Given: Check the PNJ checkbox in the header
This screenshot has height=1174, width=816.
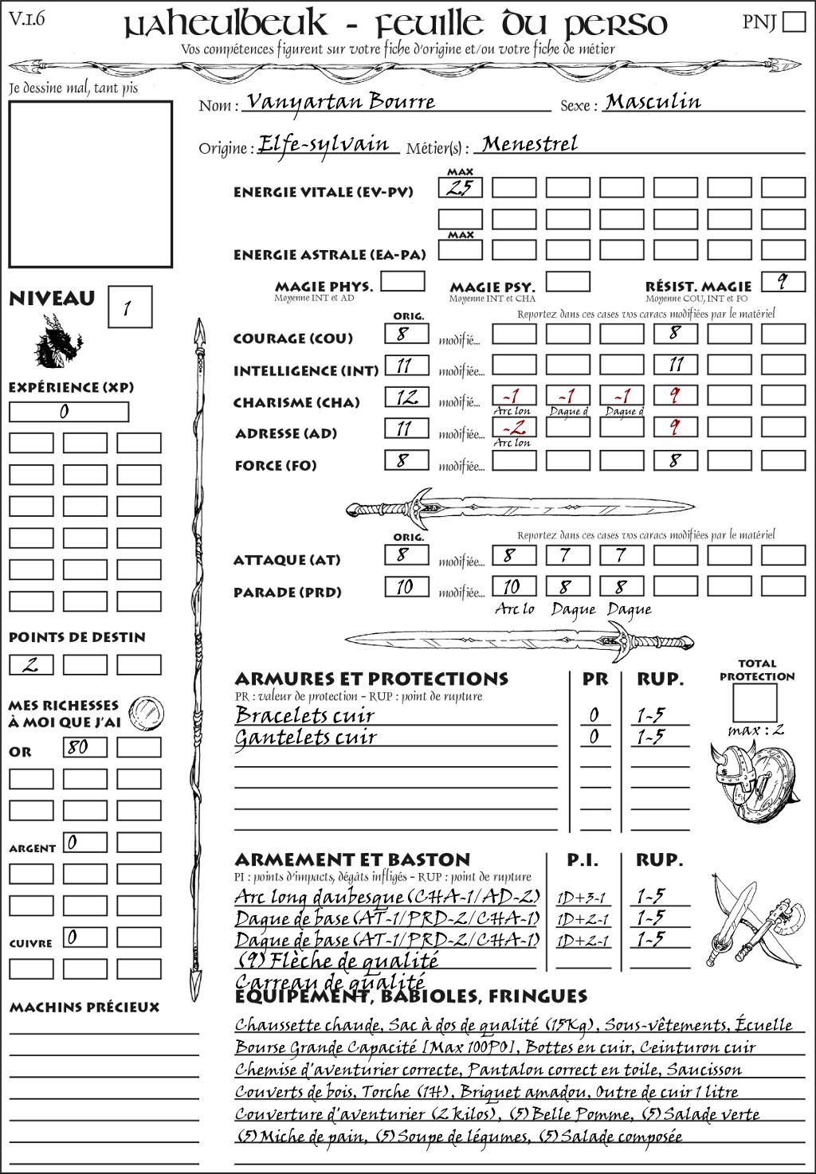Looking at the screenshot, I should point(794,22).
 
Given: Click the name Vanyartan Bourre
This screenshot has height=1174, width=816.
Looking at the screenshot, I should point(341,101).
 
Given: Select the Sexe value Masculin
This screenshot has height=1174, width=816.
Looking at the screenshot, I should point(653,102).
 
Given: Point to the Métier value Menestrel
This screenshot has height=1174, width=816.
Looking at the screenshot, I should point(530,144).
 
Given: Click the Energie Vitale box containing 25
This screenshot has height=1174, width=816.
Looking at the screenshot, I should point(460,188).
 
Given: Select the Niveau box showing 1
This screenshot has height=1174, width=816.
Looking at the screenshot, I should point(129,307).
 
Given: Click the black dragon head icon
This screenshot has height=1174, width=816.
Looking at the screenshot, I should point(57,342).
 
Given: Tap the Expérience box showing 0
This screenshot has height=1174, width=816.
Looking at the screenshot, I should point(69,412).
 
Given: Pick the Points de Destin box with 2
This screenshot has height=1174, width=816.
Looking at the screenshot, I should point(31,664).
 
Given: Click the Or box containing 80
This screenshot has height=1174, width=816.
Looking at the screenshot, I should point(84,747).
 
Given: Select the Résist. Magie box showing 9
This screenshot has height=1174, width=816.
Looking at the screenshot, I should point(783,281).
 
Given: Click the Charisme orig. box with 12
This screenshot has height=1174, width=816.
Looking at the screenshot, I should point(406,397).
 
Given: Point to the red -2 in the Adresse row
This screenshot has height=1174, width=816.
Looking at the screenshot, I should point(514,428).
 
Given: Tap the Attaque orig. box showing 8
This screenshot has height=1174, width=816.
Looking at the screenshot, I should point(406,554).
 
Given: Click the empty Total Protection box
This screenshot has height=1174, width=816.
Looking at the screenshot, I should point(754,702).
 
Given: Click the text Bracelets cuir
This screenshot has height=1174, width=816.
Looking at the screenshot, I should point(304,715).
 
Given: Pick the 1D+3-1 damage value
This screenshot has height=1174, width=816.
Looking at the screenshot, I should point(582,898).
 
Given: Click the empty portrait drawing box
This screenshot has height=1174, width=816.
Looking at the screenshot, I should point(90,184).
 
